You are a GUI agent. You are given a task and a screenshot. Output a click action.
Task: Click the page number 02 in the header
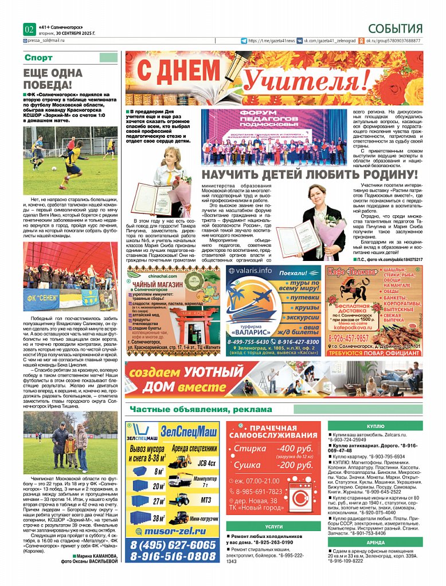29,29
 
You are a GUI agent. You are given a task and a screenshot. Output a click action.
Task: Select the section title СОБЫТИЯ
395,29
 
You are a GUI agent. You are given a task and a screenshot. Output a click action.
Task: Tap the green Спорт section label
38,58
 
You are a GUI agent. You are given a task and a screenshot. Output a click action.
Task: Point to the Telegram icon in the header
244,41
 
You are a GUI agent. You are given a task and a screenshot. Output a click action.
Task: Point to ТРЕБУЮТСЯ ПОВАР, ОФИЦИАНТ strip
374,353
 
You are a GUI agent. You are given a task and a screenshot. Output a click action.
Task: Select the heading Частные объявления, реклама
201,409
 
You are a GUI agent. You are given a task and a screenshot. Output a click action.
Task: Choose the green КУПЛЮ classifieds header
375,426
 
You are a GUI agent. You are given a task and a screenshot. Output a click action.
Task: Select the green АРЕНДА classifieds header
375,542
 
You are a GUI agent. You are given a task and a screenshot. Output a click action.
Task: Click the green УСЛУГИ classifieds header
273,526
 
